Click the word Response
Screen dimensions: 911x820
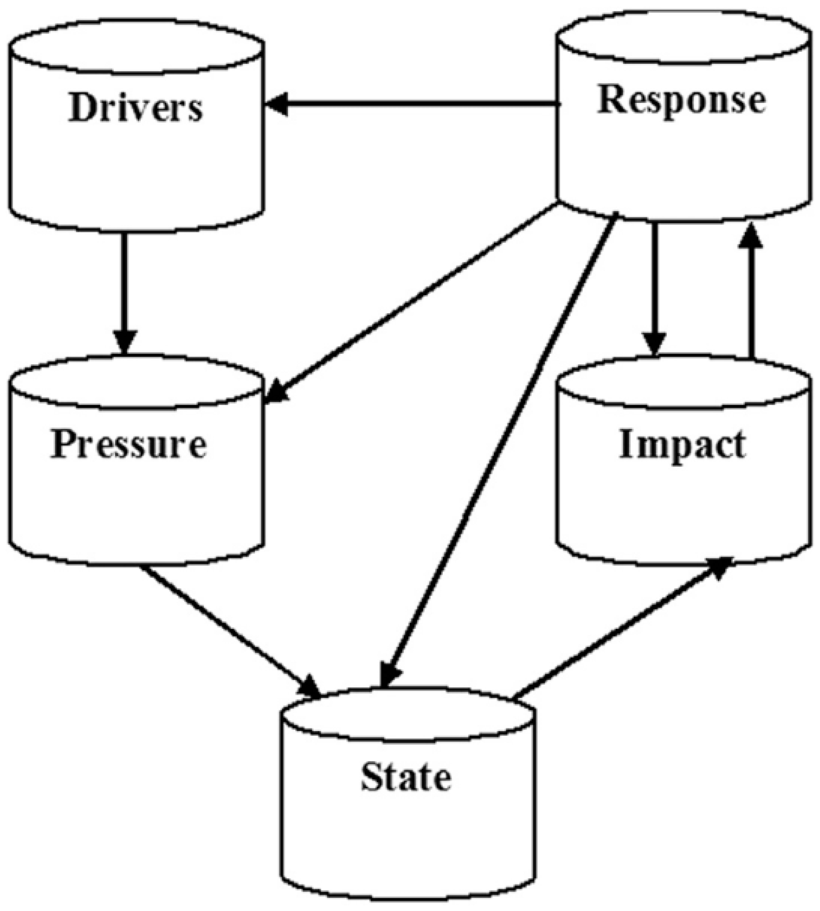pyautogui.click(x=681, y=100)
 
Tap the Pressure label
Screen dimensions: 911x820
pyautogui.click(x=129, y=444)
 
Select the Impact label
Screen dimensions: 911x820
pyautogui.click(x=682, y=444)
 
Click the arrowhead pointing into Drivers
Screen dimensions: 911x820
pyautogui.click(x=276, y=104)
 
